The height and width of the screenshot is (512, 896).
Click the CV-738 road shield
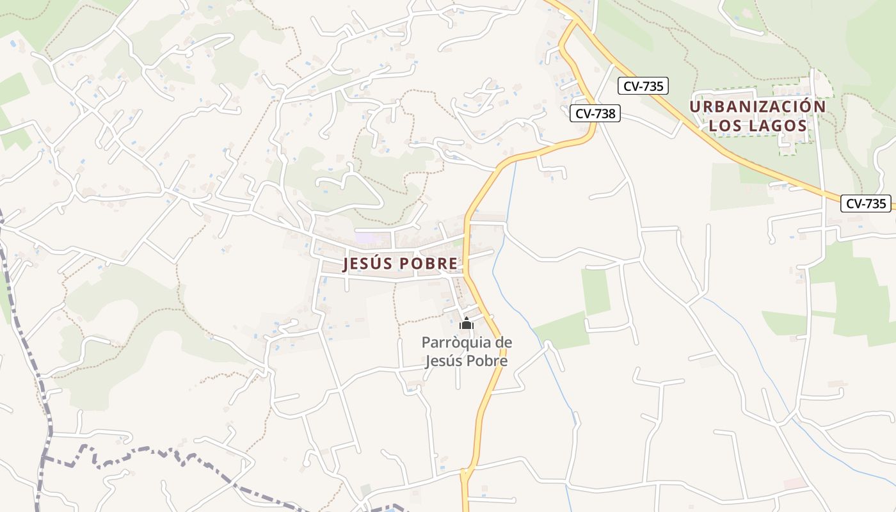point(595,113)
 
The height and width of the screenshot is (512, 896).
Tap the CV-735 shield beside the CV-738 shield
point(643,86)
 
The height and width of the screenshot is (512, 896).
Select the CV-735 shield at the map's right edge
point(866,204)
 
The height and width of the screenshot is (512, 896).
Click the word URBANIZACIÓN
point(758,106)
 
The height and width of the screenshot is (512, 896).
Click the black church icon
point(467,324)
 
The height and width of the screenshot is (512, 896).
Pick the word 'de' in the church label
point(499,342)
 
